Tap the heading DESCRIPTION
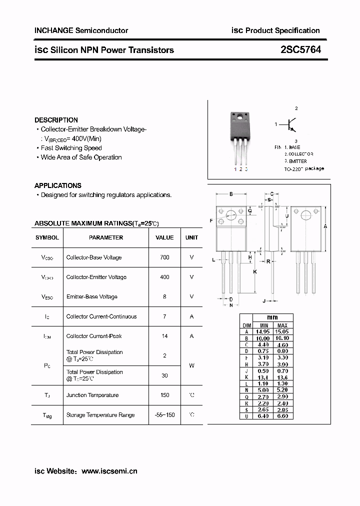[56, 120]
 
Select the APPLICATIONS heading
[58, 185]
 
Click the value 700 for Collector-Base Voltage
[164, 257]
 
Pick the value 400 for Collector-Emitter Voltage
[164, 277]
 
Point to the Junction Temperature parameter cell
[92, 395]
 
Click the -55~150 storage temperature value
[164, 415]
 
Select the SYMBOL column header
[47, 237]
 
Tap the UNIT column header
[191, 237]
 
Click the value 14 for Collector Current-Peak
[164, 336]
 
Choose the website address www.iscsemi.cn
[109, 471]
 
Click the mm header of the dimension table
[272, 317]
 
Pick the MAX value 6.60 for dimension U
[282, 416]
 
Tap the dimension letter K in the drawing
[255, 271]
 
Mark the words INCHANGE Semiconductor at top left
[81, 30]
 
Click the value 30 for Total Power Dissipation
[164, 375]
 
